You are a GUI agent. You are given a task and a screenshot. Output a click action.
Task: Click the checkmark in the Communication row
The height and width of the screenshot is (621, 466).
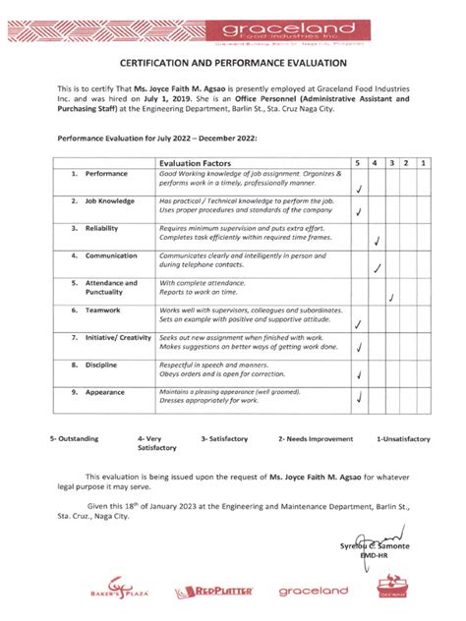tap(379, 267)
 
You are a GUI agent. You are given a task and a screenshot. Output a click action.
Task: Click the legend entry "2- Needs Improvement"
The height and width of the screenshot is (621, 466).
tap(315, 438)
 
